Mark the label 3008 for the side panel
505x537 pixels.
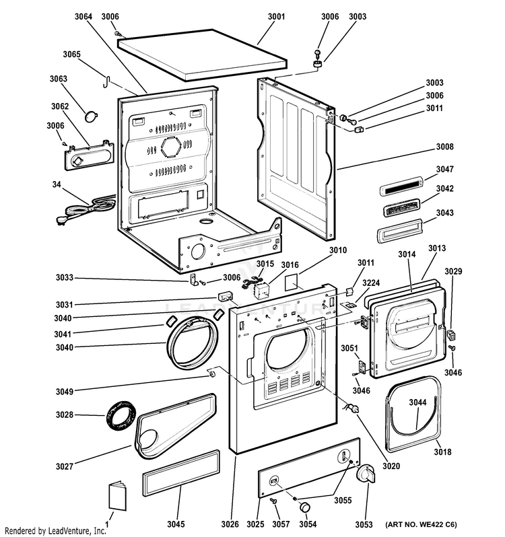444,147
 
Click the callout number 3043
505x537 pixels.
444,213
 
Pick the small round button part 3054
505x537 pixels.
306,506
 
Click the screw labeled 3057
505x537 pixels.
275,501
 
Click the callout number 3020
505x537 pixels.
391,466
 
